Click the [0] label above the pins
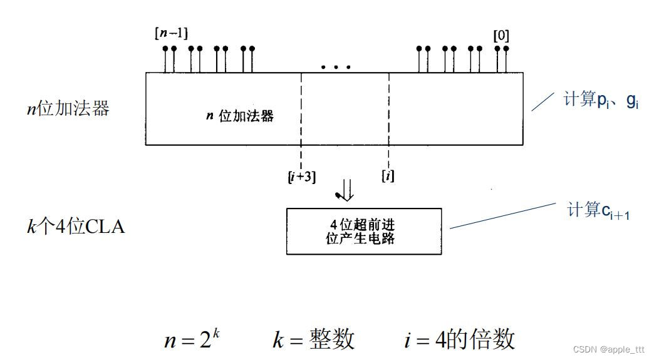pyautogui.click(x=501, y=35)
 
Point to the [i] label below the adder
pyautogui.click(x=388, y=176)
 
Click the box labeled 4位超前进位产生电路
pyautogui.click(x=363, y=231)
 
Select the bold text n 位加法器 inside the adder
pyautogui.click(x=240, y=116)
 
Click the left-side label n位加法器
pyautogui.click(x=66, y=109)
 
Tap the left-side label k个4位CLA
pyautogui.click(x=75, y=226)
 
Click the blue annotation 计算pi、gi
pyautogui.click(x=601, y=100)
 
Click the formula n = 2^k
pyautogui.click(x=192, y=339)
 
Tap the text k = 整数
pyautogui.click(x=313, y=339)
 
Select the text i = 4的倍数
pyautogui.click(x=459, y=339)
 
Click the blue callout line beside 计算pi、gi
pyautogui.click(x=542, y=101)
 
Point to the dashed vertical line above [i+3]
pyautogui.click(x=301, y=119)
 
